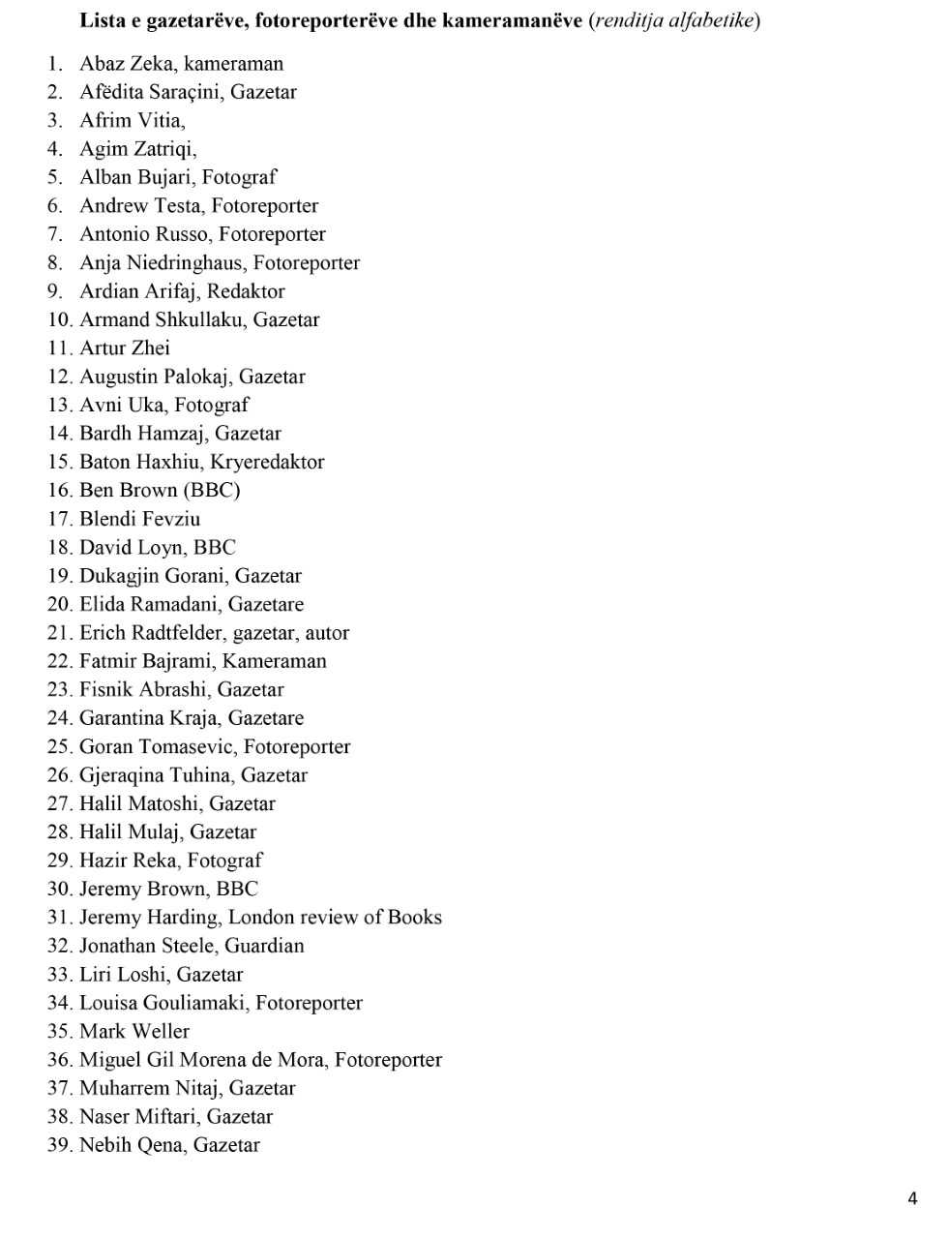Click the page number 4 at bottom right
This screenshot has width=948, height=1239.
click(912, 1198)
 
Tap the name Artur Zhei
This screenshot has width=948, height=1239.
click(125, 348)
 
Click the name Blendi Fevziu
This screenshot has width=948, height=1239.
click(139, 519)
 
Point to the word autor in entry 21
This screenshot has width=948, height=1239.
click(327, 633)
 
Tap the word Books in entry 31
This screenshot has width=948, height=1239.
click(415, 917)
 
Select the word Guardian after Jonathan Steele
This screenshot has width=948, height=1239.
click(264, 946)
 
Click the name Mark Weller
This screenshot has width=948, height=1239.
click(134, 1031)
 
